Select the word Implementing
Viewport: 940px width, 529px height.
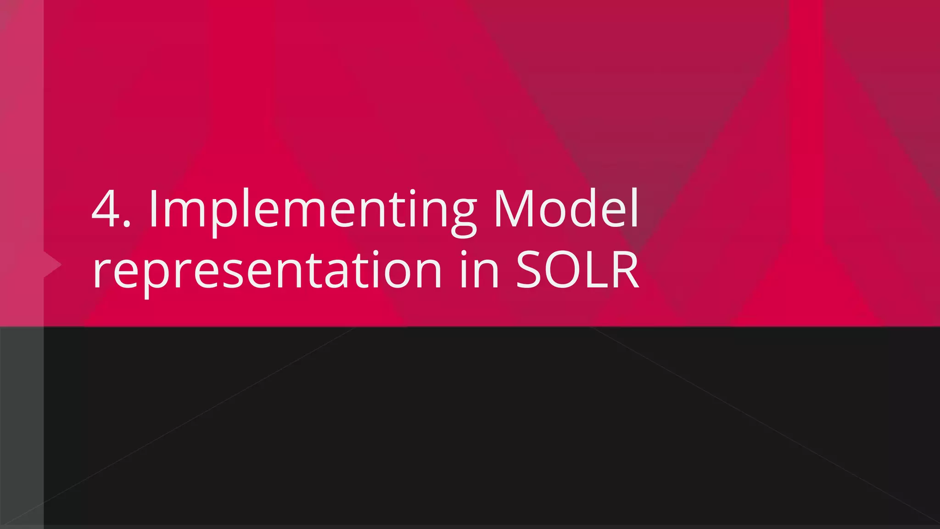click(312, 211)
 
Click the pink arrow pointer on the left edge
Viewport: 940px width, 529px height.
click(51, 265)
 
